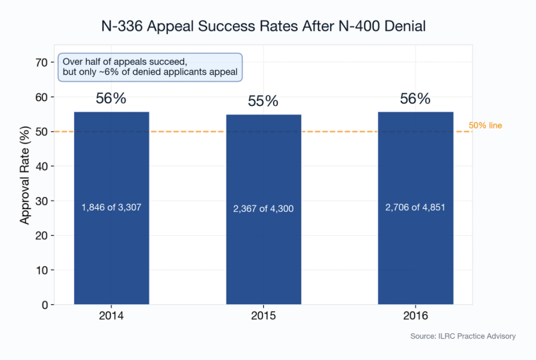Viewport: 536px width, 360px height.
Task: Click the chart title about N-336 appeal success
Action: tap(264, 27)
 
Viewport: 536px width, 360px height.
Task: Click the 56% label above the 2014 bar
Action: tap(111, 99)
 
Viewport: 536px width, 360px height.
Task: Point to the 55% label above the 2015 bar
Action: tap(264, 102)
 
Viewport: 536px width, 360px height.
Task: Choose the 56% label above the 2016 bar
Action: tap(415, 99)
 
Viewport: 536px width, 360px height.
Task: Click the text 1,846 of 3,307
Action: tap(111, 208)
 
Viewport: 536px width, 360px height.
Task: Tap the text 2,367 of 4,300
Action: tap(264, 209)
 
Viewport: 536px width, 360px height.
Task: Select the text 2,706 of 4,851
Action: tap(415, 208)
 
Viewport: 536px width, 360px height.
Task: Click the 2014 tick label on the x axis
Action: tap(111, 316)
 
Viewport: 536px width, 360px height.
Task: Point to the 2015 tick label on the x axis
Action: tap(264, 316)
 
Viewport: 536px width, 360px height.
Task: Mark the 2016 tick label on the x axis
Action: tap(415, 316)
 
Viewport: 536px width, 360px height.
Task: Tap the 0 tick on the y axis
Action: tap(44, 305)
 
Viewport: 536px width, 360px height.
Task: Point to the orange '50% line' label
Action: tap(485, 126)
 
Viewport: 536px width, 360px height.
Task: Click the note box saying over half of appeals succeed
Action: tap(150, 67)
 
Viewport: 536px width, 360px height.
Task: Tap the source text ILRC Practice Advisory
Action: tap(463, 336)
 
